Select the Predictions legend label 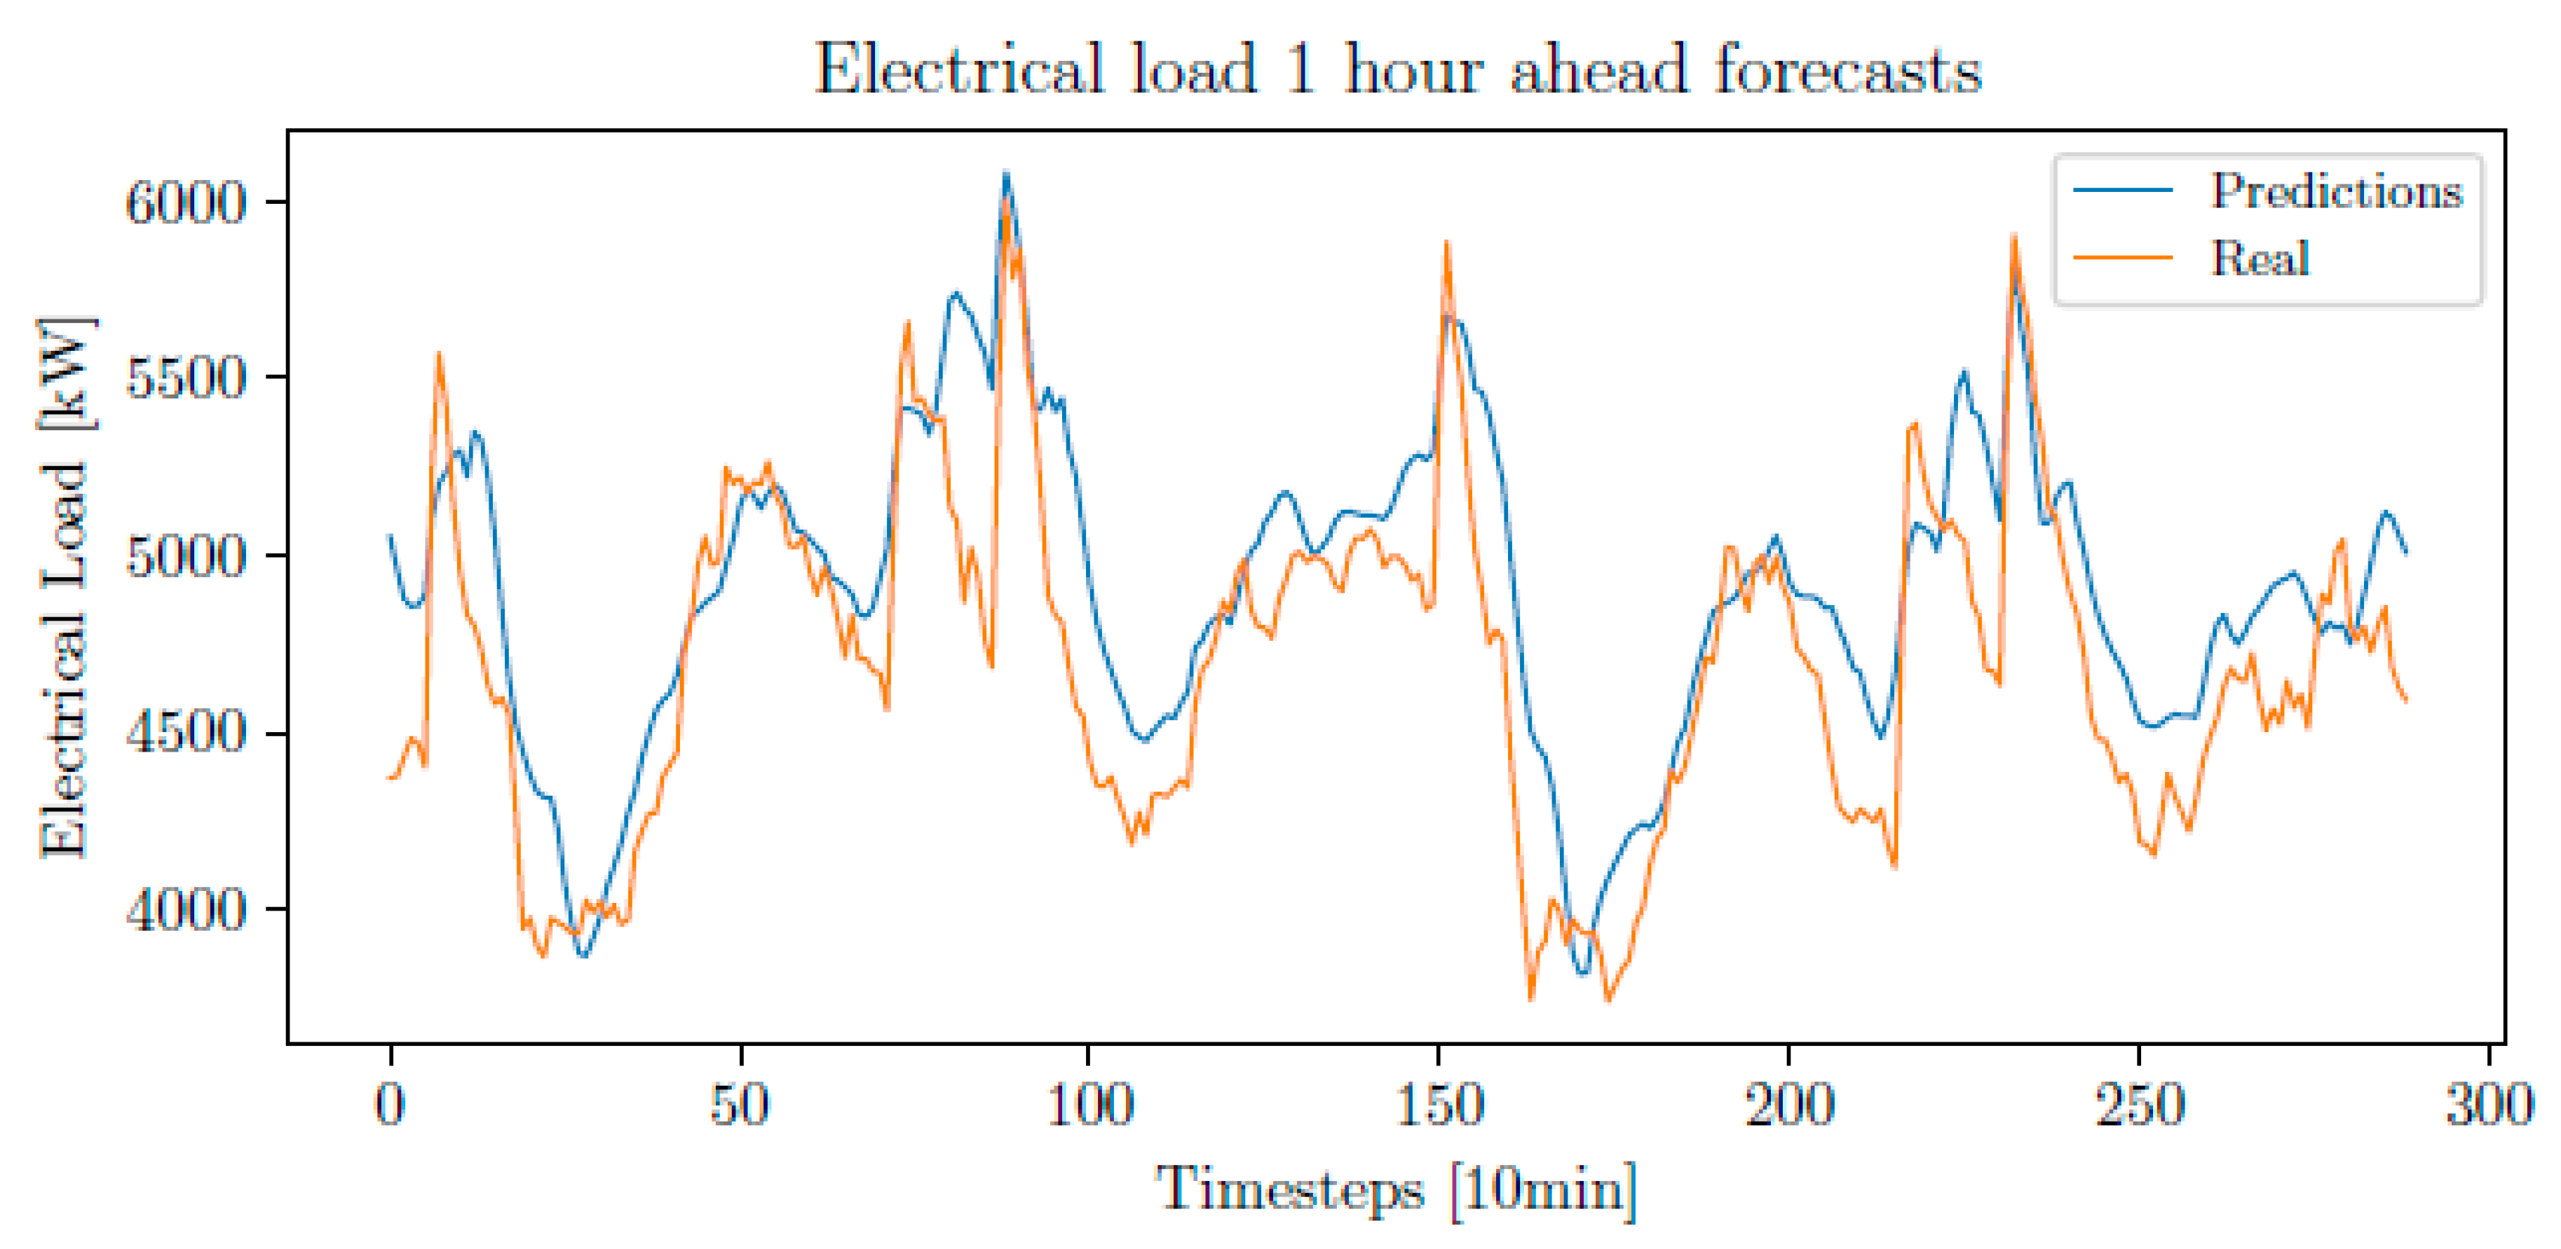[x=2337, y=190]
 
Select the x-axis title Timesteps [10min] [x=1395, y=1189]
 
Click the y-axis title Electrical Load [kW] [x=64, y=586]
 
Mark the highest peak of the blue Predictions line [x=1006, y=174]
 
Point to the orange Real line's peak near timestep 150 [x=1446, y=242]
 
